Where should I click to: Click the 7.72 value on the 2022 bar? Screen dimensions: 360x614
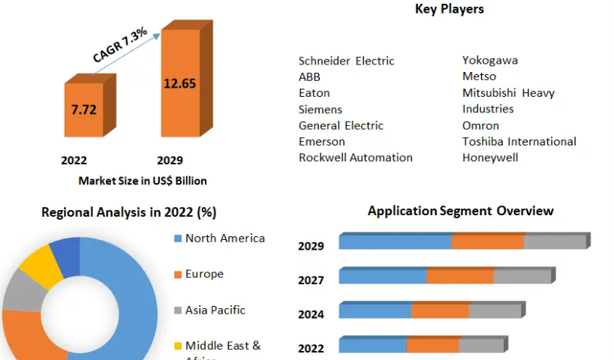83,109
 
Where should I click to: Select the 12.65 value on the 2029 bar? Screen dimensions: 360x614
179,82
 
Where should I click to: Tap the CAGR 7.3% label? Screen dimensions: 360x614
120,46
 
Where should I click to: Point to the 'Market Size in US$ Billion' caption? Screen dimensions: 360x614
143,181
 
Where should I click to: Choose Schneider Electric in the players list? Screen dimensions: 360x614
346,61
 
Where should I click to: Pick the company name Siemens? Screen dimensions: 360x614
320,109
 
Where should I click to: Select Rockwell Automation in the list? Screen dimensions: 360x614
355,157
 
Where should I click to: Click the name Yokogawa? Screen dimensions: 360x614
489,61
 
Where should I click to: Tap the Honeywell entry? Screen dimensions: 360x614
490,157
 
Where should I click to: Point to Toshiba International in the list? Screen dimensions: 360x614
519,142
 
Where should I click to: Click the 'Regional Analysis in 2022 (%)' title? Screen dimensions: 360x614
128,212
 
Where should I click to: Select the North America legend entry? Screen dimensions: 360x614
224,238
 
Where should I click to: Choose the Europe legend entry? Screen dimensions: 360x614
204,274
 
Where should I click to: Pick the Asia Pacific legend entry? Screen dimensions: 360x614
215,310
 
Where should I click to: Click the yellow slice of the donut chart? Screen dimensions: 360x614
42,266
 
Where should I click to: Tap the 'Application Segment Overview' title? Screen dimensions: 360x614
460,211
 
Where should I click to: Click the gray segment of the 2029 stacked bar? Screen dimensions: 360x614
554,242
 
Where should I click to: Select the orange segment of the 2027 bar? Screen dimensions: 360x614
459,277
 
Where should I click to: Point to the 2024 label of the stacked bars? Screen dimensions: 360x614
311,314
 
